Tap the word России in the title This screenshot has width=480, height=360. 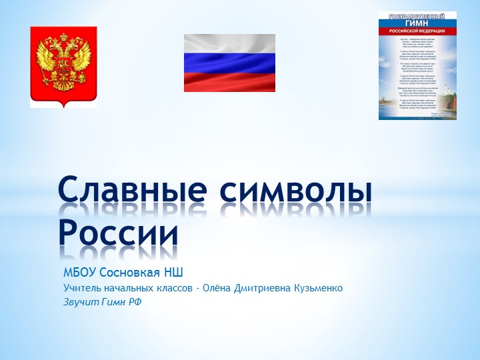coord(119,233)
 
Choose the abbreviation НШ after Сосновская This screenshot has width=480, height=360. coord(173,273)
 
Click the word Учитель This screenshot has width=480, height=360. coord(81,288)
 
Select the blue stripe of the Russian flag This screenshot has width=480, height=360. coord(229,63)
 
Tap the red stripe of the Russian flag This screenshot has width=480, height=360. coord(229,81)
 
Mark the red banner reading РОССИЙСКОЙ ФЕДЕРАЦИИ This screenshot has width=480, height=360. coord(417,30)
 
